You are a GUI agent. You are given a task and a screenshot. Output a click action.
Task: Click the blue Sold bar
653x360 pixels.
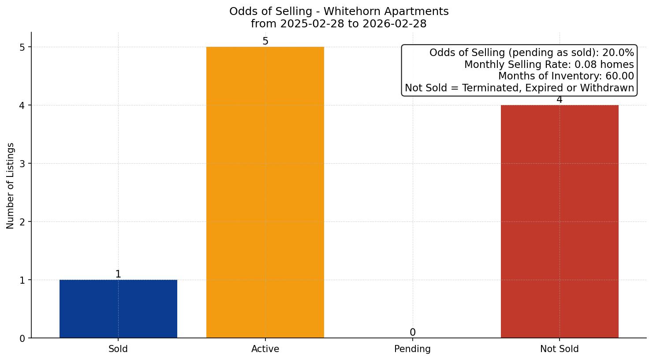pos(118,309)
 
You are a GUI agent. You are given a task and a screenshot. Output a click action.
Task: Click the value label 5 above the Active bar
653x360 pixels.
pos(265,41)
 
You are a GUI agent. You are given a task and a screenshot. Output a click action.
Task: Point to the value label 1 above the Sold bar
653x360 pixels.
pos(118,274)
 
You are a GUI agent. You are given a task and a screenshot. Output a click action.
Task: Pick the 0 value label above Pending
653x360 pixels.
pos(412,333)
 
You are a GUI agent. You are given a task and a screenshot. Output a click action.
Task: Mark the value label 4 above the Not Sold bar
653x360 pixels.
pos(559,100)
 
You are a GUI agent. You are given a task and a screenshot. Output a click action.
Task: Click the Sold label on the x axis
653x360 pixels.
pos(118,349)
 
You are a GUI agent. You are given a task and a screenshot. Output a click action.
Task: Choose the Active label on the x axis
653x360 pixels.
pos(265,349)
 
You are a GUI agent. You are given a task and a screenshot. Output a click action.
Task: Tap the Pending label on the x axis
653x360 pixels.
pos(412,349)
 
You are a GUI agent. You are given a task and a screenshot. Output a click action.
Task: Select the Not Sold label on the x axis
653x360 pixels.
pos(559,349)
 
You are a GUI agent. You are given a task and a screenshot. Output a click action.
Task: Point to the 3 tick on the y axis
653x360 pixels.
pos(22,164)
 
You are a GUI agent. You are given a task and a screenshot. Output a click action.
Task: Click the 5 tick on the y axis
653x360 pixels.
pos(22,47)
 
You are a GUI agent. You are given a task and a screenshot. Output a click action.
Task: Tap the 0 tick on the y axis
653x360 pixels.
pos(22,338)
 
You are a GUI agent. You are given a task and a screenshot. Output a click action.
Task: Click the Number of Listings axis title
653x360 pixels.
pos(11,185)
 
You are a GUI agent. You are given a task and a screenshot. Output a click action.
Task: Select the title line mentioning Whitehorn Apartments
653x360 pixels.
pos(339,11)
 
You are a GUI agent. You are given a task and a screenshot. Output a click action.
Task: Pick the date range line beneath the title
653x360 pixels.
pos(339,24)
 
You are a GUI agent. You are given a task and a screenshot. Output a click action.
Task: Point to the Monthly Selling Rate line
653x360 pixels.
pos(549,65)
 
